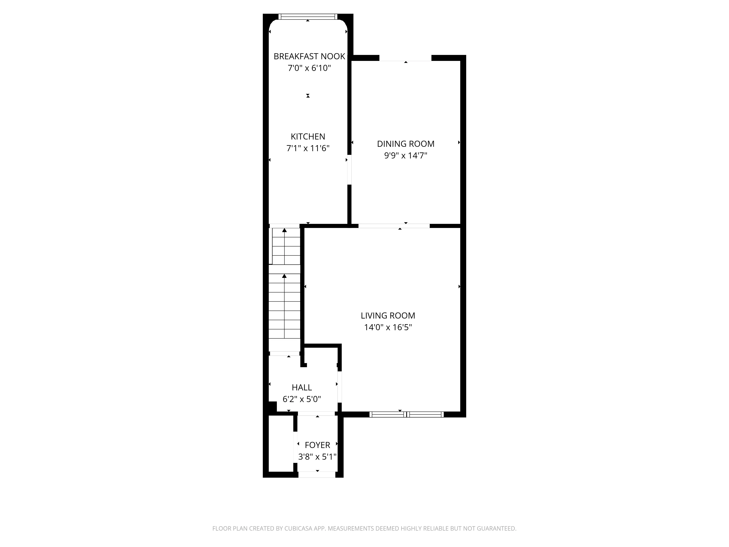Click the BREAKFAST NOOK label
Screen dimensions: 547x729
coord(309,56)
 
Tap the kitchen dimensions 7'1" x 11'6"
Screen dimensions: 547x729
coord(308,148)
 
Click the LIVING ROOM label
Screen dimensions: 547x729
coord(388,316)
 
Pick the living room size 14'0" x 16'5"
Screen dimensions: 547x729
coord(388,327)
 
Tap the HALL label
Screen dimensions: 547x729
coord(302,387)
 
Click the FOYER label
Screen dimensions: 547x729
coord(317,445)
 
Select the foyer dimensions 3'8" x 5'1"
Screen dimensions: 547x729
coord(317,457)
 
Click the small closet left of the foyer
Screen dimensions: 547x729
coord(281,443)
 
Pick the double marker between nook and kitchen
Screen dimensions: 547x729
coord(308,96)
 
